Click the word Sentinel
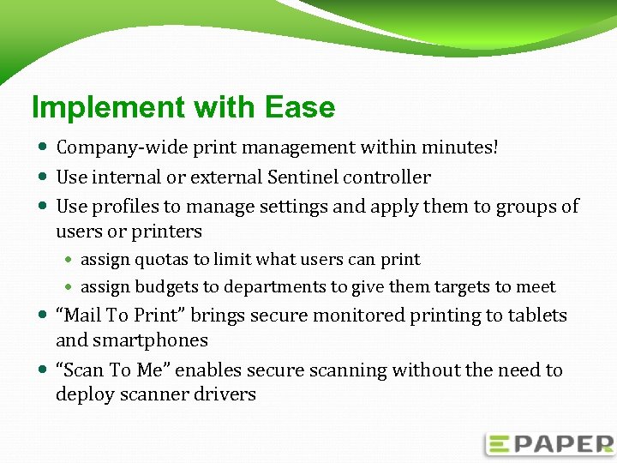point(303,177)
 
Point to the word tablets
point(536,316)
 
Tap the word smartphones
point(132,340)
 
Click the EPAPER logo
point(549,443)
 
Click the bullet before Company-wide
point(44,147)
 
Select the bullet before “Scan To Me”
point(44,370)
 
